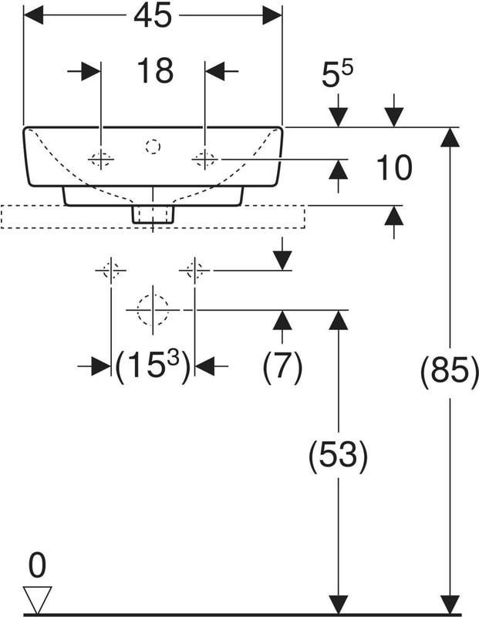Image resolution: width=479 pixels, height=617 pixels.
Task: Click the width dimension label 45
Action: coord(152,15)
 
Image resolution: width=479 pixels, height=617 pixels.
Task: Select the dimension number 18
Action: coord(154,71)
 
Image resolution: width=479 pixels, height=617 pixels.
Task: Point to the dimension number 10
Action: coord(394,167)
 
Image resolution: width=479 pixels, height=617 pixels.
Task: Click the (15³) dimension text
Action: coord(152,367)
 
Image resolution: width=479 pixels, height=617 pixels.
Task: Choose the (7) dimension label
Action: coord(282,367)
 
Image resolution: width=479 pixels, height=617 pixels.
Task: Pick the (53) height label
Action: coord(337,457)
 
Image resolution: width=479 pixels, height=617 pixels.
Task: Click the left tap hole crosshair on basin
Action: coord(101,160)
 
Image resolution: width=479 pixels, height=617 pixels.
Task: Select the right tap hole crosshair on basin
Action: coord(204,160)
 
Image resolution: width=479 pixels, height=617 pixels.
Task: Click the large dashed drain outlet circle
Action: coord(153,309)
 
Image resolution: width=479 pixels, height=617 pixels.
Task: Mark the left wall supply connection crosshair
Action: coord(111,271)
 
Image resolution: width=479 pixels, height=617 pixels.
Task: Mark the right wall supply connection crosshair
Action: coord(194,271)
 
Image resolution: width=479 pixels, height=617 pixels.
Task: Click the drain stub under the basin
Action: coord(153,214)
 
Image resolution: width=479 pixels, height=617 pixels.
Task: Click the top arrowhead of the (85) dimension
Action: coord(450,137)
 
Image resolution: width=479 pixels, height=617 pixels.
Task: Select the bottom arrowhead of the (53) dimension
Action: coord(337,605)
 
